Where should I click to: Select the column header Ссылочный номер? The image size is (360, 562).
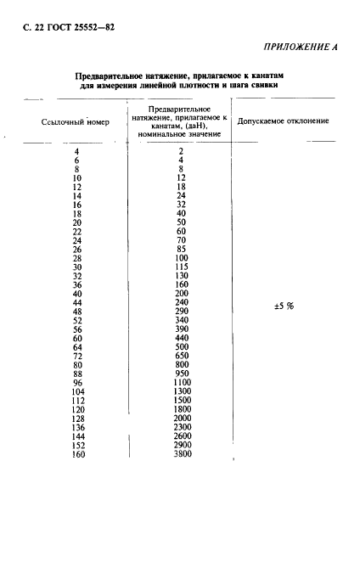pos(77,122)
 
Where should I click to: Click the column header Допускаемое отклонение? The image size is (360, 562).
pos(283,122)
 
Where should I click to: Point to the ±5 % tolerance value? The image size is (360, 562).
pos(284,306)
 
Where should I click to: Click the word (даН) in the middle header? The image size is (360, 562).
pos(200,126)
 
